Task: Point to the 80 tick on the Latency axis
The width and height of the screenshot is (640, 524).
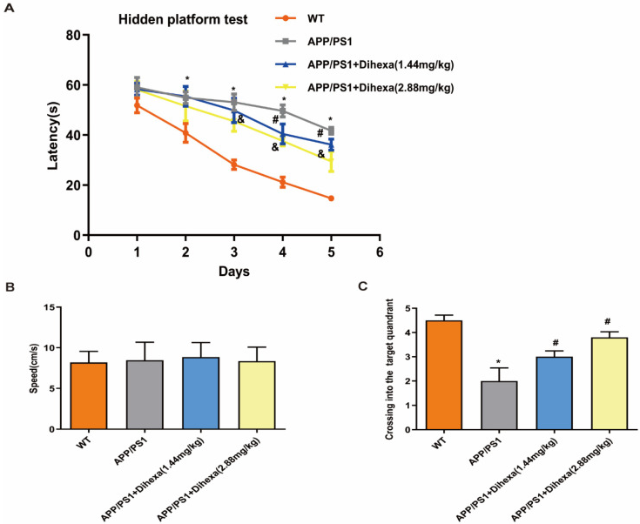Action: (75, 35)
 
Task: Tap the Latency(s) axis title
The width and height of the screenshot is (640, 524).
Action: (44, 135)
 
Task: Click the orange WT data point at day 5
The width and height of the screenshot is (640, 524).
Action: (331, 198)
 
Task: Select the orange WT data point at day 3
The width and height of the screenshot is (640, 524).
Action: (233, 165)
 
